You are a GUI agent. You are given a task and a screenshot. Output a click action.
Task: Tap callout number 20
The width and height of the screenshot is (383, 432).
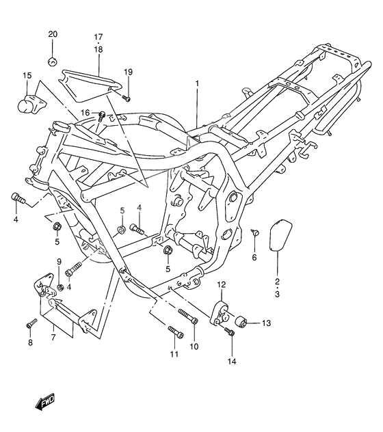(x=53, y=34)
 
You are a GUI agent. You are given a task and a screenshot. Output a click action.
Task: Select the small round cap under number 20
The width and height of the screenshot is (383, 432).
(x=53, y=62)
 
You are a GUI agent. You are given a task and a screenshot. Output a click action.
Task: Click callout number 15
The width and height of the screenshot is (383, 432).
(x=27, y=75)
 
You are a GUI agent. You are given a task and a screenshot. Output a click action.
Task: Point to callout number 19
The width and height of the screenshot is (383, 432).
(x=128, y=72)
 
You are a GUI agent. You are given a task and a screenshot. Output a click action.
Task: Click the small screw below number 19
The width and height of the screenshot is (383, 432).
(x=127, y=98)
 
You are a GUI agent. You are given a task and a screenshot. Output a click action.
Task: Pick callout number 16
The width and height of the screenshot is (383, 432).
(x=85, y=113)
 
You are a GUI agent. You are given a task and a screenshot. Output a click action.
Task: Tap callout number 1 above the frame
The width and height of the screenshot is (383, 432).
(x=197, y=83)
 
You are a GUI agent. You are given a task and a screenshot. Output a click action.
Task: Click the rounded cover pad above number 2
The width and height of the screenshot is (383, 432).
(x=280, y=235)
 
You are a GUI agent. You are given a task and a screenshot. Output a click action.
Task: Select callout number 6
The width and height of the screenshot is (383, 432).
(x=254, y=257)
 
